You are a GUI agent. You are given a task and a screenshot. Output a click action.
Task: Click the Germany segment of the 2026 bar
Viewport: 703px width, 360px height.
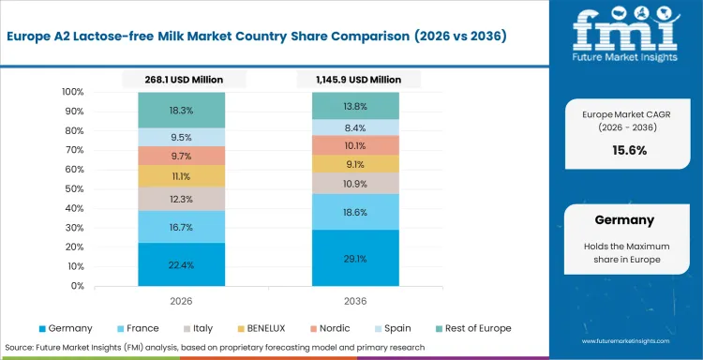pyautogui.click(x=182, y=264)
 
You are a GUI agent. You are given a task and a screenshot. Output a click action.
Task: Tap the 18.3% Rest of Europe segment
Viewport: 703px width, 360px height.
pyautogui.click(x=182, y=111)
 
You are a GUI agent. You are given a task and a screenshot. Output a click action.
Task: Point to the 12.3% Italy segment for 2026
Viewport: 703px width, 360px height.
pyautogui.click(x=182, y=199)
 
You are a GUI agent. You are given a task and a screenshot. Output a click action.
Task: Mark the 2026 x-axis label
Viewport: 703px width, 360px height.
pyautogui.click(x=182, y=302)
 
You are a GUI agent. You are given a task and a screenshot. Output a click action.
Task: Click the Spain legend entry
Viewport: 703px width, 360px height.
pyautogui.click(x=398, y=329)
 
